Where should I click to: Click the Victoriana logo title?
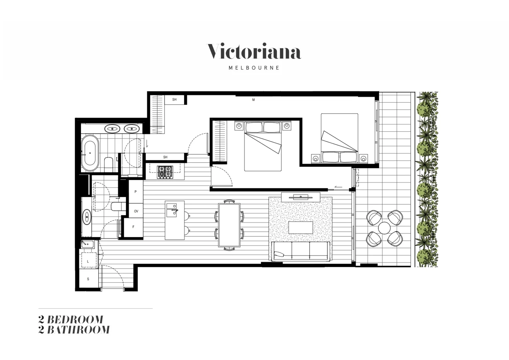[254, 52]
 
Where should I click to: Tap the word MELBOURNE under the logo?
[254, 68]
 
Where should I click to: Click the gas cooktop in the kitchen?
[165, 172]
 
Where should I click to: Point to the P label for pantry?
[136, 192]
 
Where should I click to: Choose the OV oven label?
[136, 211]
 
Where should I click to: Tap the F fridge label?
[134, 227]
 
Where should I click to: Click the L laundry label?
[88, 261]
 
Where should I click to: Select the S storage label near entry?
[88, 279]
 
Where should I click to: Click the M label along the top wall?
[254, 100]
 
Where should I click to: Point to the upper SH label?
[174, 100]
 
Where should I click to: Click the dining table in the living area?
[229, 225]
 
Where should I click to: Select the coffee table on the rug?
[300, 228]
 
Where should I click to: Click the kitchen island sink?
[172, 210]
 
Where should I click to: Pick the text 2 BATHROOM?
[74, 330]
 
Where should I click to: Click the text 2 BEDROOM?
[71, 319]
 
